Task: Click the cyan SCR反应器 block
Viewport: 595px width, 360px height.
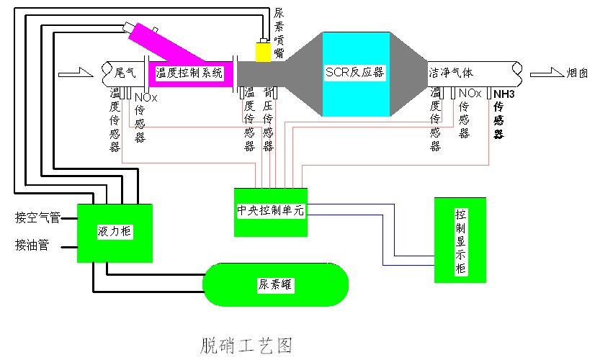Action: coord(354,73)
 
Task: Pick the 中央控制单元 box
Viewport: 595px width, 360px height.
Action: coord(272,212)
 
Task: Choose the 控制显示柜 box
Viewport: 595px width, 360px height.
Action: coord(460,240)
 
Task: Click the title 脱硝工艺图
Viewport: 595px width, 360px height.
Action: coord(246,345)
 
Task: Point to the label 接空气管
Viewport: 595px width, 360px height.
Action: coord(37,217)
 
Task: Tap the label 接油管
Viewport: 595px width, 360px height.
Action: coord(32,246)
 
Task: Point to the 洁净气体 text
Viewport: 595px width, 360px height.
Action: coord(451,73)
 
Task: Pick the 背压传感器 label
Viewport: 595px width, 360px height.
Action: coord(268,120)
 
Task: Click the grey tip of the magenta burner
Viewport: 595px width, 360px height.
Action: coord(130,30)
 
